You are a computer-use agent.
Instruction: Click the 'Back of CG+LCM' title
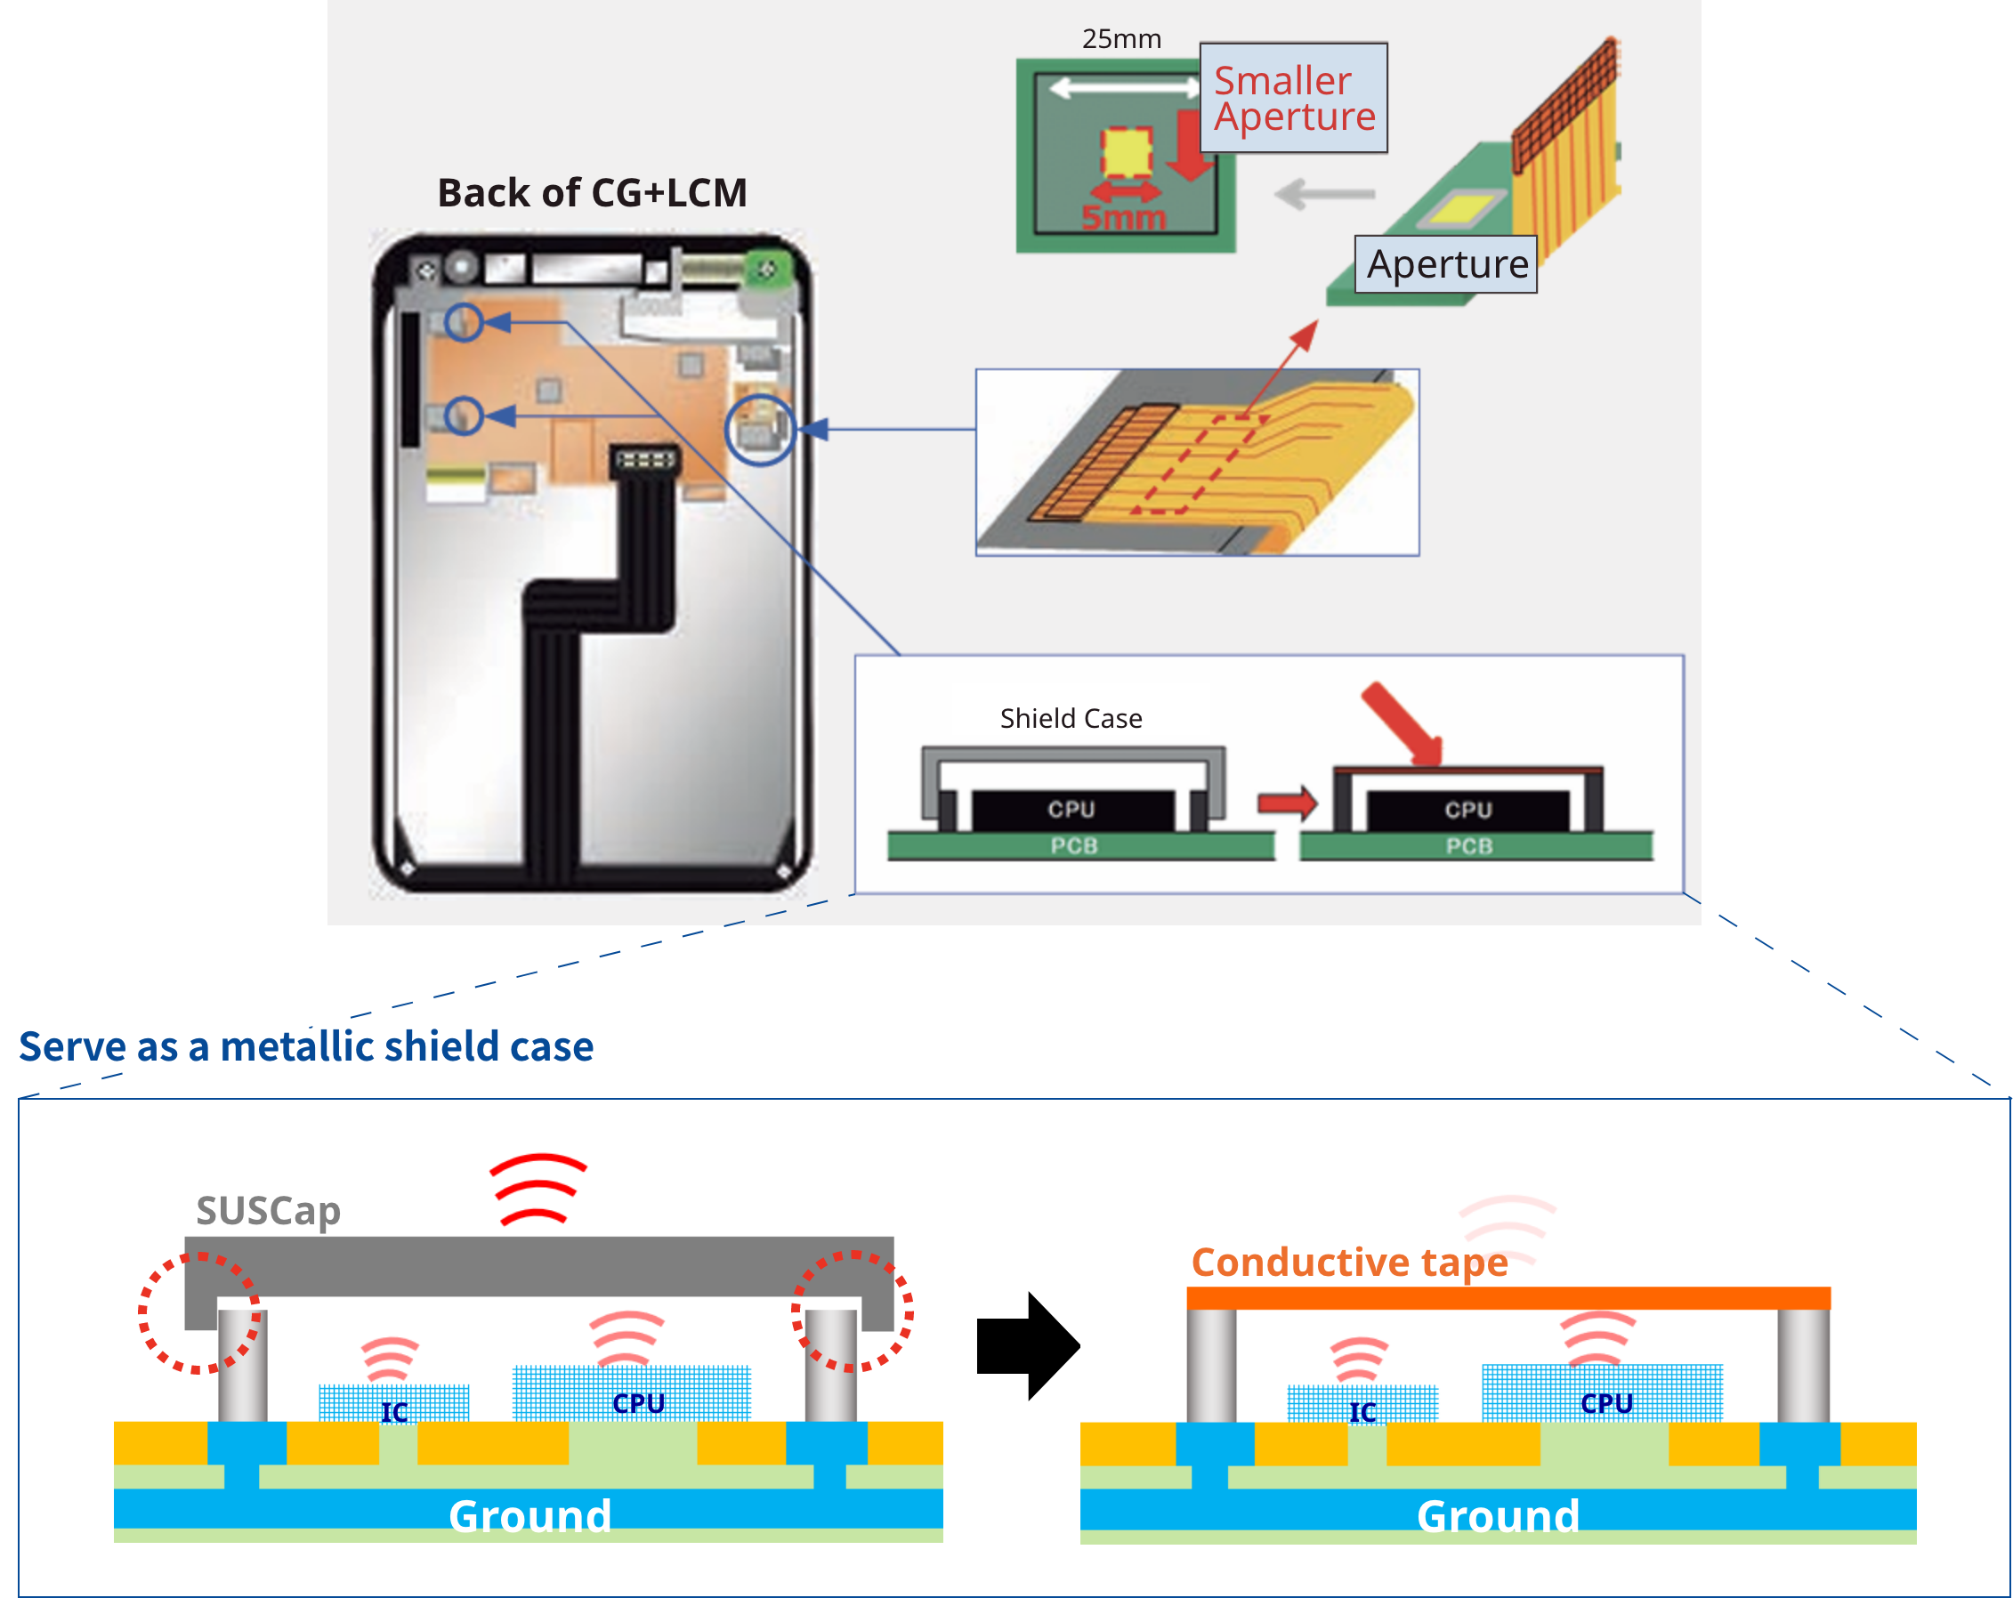(592, 193)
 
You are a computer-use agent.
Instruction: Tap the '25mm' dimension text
(1121, 39)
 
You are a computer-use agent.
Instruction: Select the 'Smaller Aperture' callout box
(1293, 98)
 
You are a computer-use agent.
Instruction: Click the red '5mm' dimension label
(1123, 217)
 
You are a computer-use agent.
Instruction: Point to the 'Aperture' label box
(1445, 264)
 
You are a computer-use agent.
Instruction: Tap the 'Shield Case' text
(1071, 718)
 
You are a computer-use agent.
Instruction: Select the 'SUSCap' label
(268, 1211)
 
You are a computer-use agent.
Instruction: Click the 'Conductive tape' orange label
(1349, 1262)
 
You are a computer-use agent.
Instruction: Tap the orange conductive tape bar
(1508, 1297)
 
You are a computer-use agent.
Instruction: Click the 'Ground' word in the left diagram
(530, 1515)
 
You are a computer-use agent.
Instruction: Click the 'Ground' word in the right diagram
(1498, 1515)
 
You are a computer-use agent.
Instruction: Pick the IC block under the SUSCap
(393, 1403)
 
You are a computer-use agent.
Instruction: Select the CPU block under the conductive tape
(1602, 1392)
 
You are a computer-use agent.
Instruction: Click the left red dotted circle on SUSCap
(198, 1312)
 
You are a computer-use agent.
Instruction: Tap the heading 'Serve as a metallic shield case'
(306, 1045)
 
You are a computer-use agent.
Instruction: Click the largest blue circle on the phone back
(760, 430)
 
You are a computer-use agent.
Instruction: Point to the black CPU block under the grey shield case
(1071, 810)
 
